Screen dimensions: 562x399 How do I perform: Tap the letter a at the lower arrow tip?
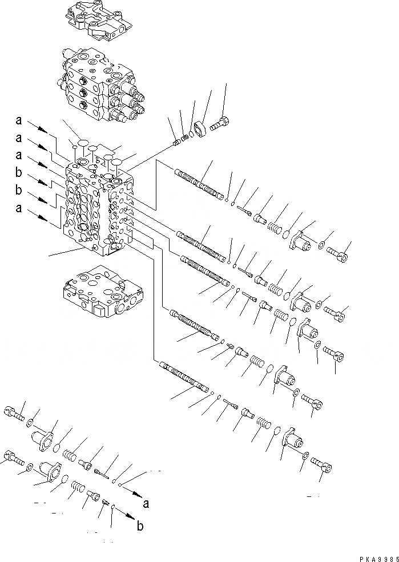[x=147, y=504]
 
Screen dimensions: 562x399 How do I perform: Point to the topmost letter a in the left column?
[x=19, y=121]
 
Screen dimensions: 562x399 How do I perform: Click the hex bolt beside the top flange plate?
[x=220, y=124]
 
